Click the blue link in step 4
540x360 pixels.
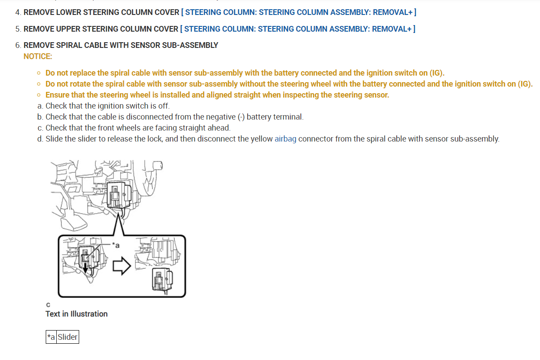299,12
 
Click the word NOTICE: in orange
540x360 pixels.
38,56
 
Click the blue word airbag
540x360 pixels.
285,139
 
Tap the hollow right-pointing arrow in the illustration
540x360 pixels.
122,266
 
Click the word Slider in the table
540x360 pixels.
68,337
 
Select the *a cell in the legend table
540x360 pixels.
51,337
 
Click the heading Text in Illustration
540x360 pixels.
77,314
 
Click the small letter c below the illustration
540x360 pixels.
48,305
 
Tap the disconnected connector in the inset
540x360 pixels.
162,280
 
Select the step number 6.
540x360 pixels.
18,45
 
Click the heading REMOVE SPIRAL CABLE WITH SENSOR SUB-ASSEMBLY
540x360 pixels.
120,45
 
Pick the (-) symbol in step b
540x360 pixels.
241,117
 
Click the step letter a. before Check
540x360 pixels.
40,106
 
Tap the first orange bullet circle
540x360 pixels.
39,73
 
